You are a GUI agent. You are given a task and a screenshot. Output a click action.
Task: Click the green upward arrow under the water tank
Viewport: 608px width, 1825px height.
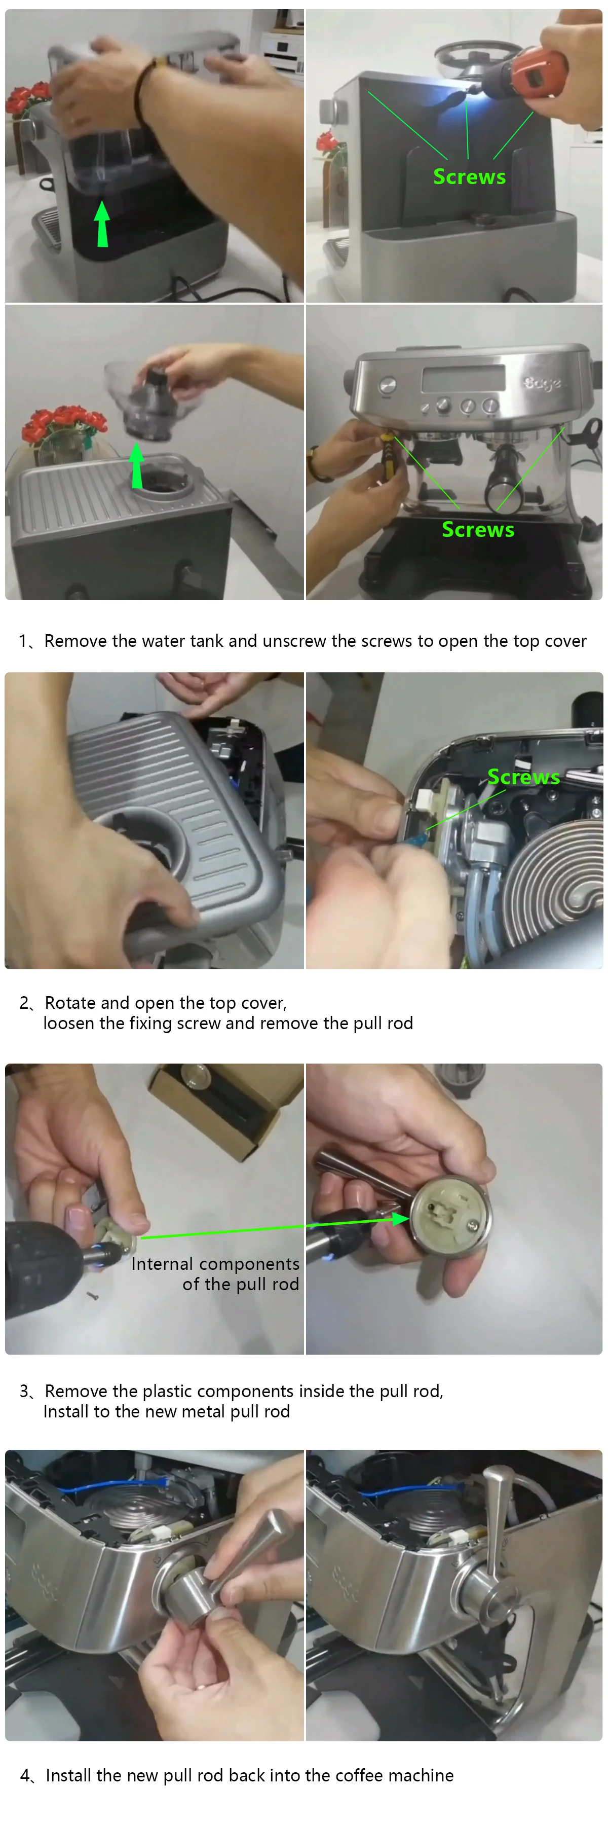click(103, 224)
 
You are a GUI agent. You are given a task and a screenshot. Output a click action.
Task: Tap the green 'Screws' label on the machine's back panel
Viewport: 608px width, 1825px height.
click(469, 176)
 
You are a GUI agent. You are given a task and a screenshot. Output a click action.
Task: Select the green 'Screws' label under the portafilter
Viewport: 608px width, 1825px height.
click(478, 529)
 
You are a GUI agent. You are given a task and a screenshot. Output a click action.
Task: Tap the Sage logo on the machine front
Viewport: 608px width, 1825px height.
click(543, 383)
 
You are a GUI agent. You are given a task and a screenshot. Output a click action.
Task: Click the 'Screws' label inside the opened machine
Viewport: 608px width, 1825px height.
click(523, 777)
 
